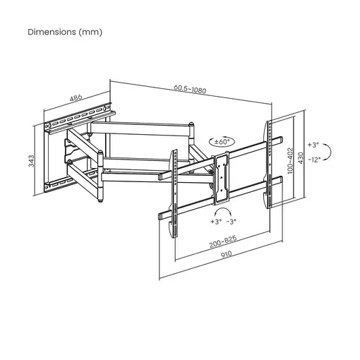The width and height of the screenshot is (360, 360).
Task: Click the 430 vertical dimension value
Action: (x=302, y=156)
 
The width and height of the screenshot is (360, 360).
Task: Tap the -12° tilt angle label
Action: (x=316, y=160)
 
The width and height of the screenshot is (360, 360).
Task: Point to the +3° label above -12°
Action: (x=316, y=143)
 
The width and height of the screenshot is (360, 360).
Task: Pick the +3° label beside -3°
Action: (x=215, y=222)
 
